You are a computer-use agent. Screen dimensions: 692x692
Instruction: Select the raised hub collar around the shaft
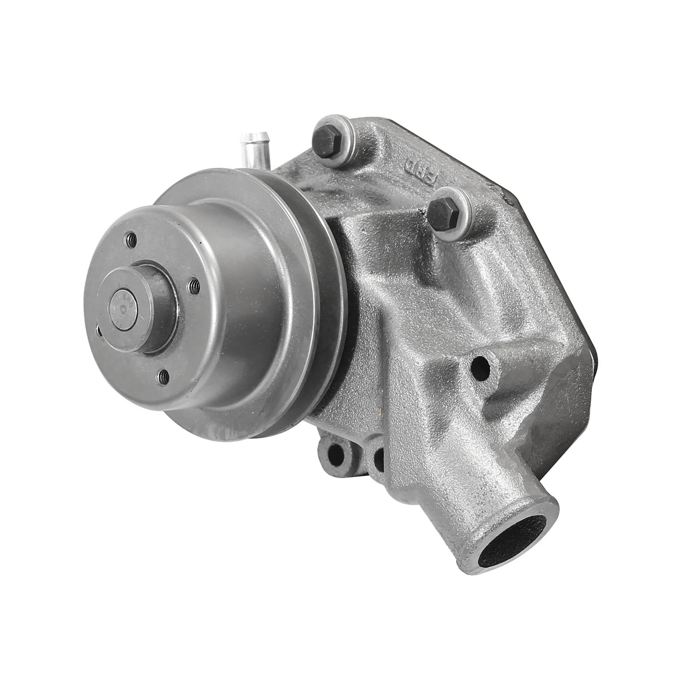[x=151, y=304]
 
